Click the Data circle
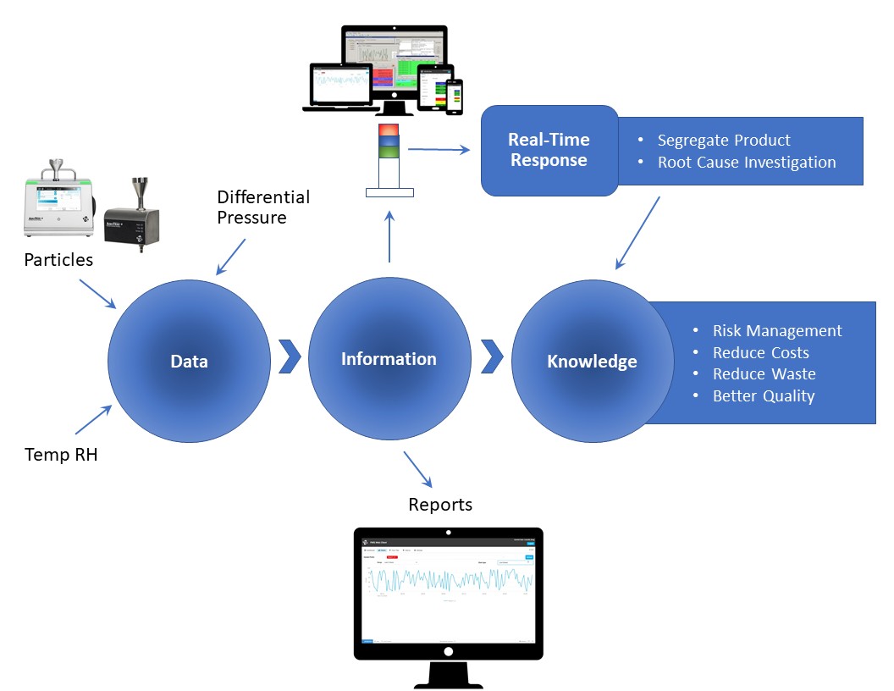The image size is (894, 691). (x=189, y=360)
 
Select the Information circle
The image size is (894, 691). (x=389, y=359)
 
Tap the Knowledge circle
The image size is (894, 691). (x=592, y=361)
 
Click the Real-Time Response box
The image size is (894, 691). (x=549, y=150)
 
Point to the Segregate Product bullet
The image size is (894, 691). (x=724, y=140)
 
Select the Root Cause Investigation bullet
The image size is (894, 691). (x=746, y=162)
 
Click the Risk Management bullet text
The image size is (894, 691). (x=776, y=331)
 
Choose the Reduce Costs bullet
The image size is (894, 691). (x=760, y=352)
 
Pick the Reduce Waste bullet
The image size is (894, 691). (x=764, y=373)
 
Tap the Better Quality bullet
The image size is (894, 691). (x=763, y=395)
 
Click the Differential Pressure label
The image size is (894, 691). (x=263, y=207)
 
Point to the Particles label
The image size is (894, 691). (x=58, y=260)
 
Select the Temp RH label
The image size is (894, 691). (x=61, y=455)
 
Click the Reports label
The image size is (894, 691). (x=440, y=505)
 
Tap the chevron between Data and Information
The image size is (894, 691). (x=290, y=357)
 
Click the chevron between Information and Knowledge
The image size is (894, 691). (x=492, y=357)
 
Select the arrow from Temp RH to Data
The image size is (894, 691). (x=93, y=420)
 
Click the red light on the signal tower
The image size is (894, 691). (x=389, y=130)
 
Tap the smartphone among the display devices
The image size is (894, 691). (x=455, y=97)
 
